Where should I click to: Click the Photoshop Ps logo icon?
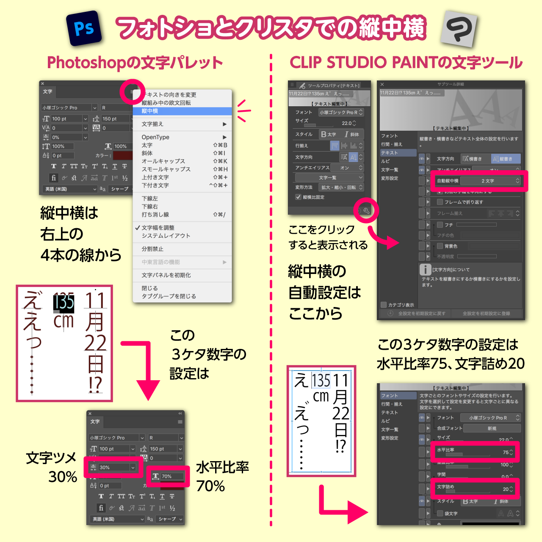click(x=84, y=29)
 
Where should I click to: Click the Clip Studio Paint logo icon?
click(x=459, y=29)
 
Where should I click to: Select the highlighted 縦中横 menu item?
click(x=182, y=111)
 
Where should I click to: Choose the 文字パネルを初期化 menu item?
click(x=166, y=275)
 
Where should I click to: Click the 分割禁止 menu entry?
click(x=152, y=249)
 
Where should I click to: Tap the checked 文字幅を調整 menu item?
click(x=158, y=228)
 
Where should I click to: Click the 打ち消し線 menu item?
click(x=155, y=215)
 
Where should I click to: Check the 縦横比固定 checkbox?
click(x=299, y=197)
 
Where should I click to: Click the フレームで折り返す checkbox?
click(x=440, y=202)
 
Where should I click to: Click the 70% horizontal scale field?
click(x=172, y=476)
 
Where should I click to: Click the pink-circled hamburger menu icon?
click(x=133, y=91)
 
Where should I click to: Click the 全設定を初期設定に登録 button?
click(x=486, y=314)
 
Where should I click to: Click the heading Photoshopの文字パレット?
click(x=135, y=63)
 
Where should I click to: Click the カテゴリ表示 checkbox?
click(x=384, y=304)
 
